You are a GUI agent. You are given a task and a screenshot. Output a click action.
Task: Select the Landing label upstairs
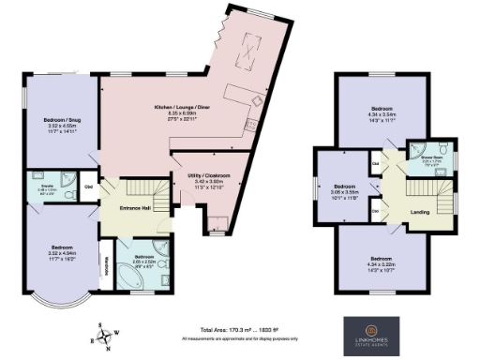[420, 212]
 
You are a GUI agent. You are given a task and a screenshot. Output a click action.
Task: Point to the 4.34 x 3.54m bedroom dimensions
[383, 114]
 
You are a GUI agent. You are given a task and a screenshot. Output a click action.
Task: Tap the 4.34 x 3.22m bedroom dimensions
[382, 263]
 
